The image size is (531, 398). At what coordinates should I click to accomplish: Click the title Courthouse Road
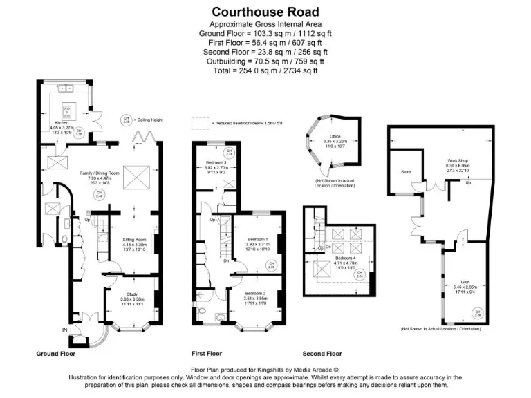[x=265, y=12]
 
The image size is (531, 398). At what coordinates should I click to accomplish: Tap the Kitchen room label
[x=64, y=122]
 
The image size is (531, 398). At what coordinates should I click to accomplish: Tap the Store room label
[x=406, y=172]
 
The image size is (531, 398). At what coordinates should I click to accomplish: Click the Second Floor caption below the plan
[x=322, y=354]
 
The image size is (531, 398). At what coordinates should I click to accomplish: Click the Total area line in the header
[x=265, y=70]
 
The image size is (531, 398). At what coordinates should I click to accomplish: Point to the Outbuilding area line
[x=265, y=61]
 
